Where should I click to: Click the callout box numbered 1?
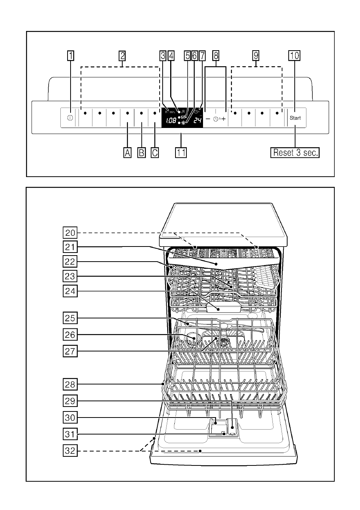71,55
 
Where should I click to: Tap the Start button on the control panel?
295,118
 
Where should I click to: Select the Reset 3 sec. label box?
295,153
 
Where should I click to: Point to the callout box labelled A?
128,153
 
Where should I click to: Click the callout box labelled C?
155,153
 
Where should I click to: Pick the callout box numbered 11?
181,153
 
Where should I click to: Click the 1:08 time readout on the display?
171,120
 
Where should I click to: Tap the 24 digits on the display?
197,120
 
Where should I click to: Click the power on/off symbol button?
70,118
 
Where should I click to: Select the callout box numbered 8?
216,55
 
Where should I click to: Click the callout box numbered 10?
294,55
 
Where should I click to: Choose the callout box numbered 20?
70,233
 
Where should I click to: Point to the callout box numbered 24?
70,291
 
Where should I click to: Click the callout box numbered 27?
70,351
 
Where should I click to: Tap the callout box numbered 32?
70,451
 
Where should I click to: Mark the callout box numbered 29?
70,401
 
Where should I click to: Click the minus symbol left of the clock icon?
208,119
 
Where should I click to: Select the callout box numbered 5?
187,55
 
